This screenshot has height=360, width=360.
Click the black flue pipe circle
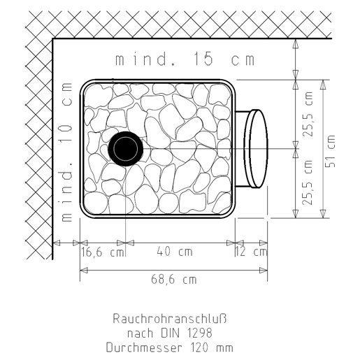[126, 149]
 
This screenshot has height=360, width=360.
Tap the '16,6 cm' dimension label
[103, 252]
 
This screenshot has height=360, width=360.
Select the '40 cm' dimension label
[175, 252]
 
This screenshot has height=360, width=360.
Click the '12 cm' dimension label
[251, 252]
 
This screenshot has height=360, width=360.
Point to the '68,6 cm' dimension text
[174, 279]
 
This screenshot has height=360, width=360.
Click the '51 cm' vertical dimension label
[330, 151]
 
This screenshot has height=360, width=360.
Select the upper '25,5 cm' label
[308, 114]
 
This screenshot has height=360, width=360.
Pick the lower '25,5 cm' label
[308, 182]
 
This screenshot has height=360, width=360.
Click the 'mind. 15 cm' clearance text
[185, 59]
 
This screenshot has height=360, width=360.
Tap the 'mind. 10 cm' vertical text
[66, 152]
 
